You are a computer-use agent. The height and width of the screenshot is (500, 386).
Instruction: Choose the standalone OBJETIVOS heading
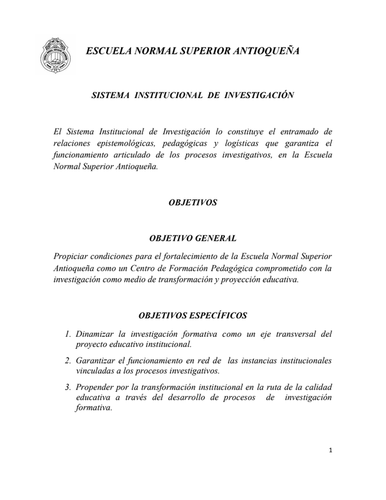192,202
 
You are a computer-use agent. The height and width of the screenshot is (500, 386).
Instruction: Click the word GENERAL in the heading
214,238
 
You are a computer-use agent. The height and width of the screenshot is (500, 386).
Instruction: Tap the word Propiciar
74,256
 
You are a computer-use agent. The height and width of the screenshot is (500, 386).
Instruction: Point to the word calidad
317,386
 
